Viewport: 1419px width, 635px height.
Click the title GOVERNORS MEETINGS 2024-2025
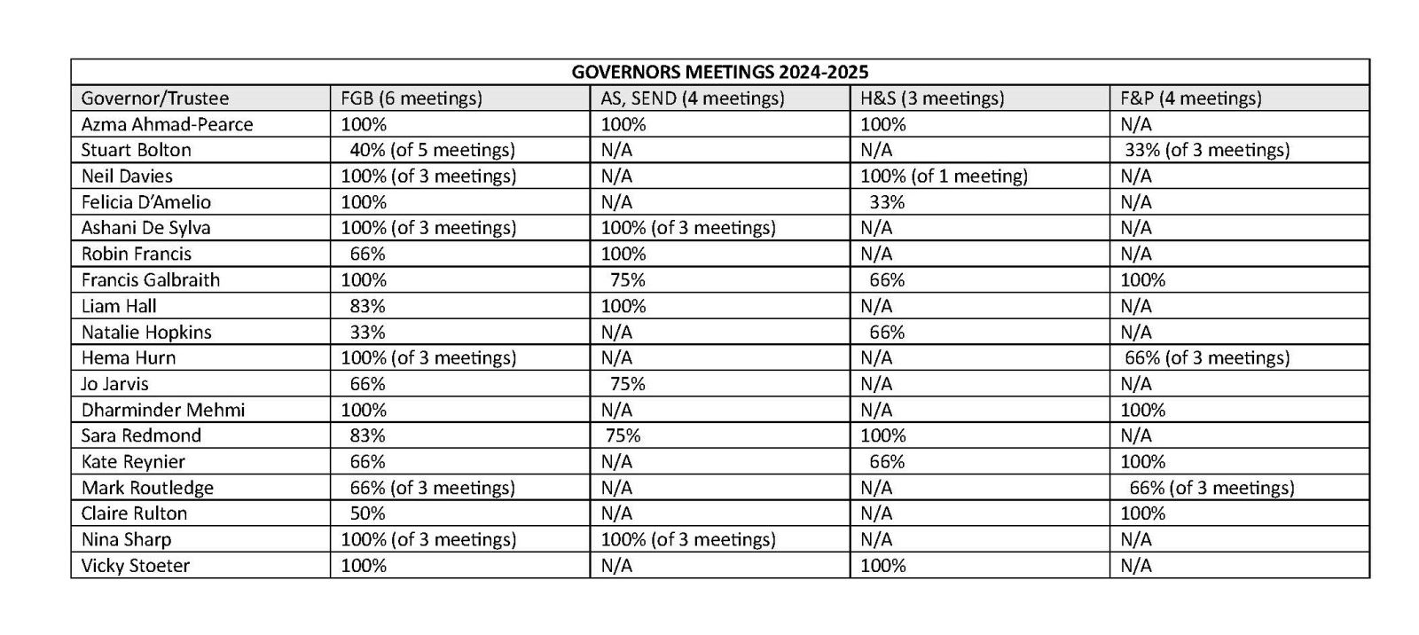pyautogui.click(x=719, y=72)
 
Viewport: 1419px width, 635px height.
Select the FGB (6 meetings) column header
pyautogui.click(x=412, y=98)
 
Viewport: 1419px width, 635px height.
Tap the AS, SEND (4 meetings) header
pyautogui.click(x=692, y=98)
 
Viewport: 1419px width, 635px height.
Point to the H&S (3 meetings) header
pyautogui.click(x=932, y=98)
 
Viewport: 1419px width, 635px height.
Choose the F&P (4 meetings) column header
pyautogui.click(x=1190, y=98)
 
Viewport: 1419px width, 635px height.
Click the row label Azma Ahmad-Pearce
pyautogui.click(x=167, y=124)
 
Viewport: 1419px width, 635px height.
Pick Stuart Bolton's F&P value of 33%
pyautogui.click(x=1207, y=150)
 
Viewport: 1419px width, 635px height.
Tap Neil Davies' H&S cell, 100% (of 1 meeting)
pyautogui.click(x=944, y=176)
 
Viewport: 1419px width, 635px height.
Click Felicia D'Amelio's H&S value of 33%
pyautogui.click(x=887, y=202)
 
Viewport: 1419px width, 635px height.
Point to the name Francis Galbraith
pyautogui.click(x=150, y=280)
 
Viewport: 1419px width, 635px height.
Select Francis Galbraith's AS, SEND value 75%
pyautogui.click(x=627, y=280)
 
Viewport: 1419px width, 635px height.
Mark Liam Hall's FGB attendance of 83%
pyautogui.click(x=367, y=306)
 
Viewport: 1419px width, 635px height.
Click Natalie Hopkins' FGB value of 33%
pyautogui.click(x=367, y=332)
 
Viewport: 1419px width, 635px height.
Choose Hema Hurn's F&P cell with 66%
pyautogui.click(x=1207, y=357)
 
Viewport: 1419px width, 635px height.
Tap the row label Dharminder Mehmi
pyautogui.click(x=163, y=410)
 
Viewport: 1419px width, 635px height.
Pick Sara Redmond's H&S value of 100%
pyautogui.click(x=882, y=435)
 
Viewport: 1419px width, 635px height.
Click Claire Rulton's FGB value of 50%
pyautogui.click(x=367, y=513)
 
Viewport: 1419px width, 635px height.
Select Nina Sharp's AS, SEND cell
pyautogui.click(x=688, y=539)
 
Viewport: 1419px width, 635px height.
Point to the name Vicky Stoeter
pyautogui.click(x=136, y=566)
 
